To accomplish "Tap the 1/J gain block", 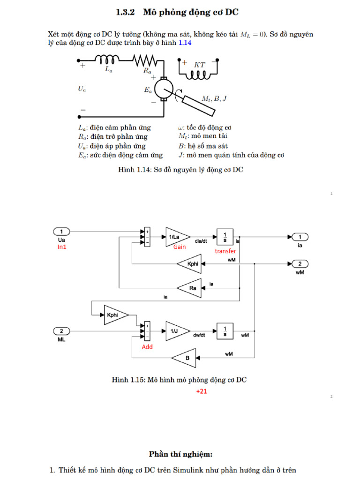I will (176, 331).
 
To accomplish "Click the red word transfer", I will (225, 251).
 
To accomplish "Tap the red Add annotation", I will (147, 347).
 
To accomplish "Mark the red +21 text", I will (202, 391).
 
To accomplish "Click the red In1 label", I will (62, 247).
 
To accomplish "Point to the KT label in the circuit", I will (200, 65).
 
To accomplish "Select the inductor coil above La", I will (108, 60).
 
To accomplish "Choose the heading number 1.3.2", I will (126, 13).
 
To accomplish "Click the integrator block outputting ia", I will (225, 237).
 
